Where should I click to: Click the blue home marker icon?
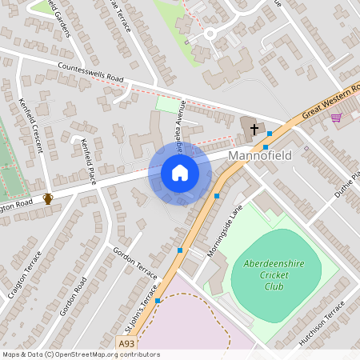pos(180,173)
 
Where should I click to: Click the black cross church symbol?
pos(254,128)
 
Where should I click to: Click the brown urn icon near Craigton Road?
pos(48,198)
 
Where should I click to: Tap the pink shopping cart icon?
pos(336,118)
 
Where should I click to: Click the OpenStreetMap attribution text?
pos(81,354)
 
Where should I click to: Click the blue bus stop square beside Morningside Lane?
pos(217,195)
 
